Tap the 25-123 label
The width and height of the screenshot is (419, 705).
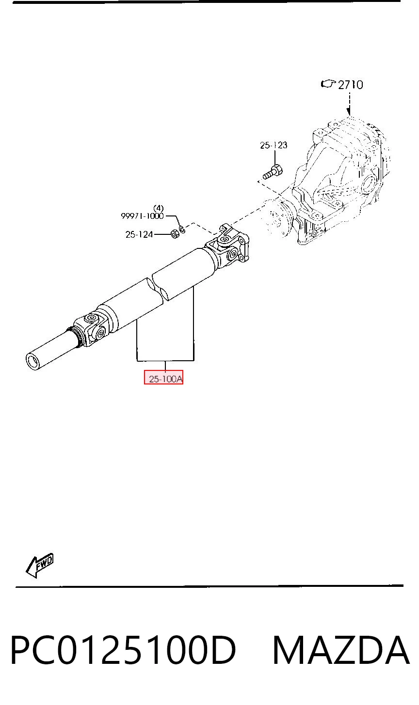(274, 145)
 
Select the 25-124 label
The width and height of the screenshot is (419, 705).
(139, 234)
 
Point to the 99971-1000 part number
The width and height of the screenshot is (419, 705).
(142, 216)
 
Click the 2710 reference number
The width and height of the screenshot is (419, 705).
(350, 85)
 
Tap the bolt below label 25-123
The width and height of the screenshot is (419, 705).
(273, 172)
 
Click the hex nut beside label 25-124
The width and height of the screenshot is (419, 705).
(175, 234)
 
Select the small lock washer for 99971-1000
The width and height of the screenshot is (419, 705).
(182, 230)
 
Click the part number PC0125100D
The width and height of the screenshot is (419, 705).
(123, 650)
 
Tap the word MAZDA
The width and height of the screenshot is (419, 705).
(340, 650)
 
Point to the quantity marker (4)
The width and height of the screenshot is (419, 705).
(158, 208)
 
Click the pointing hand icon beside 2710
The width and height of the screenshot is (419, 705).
(328, 84)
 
